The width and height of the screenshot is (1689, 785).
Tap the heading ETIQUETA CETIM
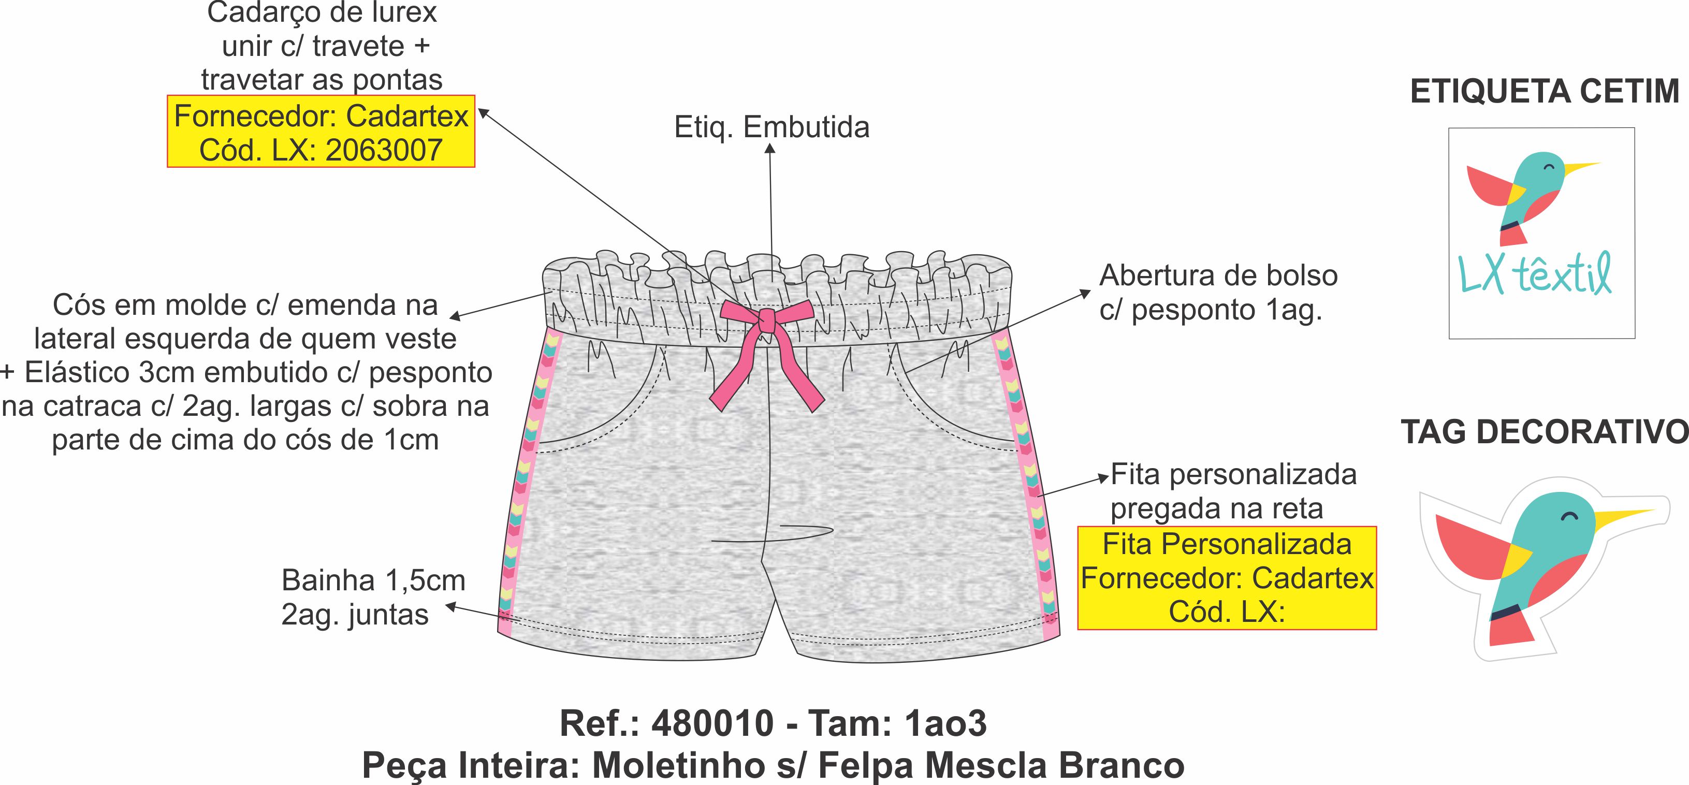(x=1545, y=92)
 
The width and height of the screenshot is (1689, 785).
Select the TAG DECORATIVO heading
(x=1545, y=432)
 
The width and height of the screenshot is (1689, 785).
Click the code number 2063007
(x=384, y=151)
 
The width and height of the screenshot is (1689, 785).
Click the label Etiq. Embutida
(x=771, y=127)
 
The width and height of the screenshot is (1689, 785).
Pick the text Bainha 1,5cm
(x=373, y=580)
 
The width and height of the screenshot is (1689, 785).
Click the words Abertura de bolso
(x=1218, y=276)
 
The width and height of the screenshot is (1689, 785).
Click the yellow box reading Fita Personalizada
(x=1227, y=578)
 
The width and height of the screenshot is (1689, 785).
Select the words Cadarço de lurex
(x=322, y=13)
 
